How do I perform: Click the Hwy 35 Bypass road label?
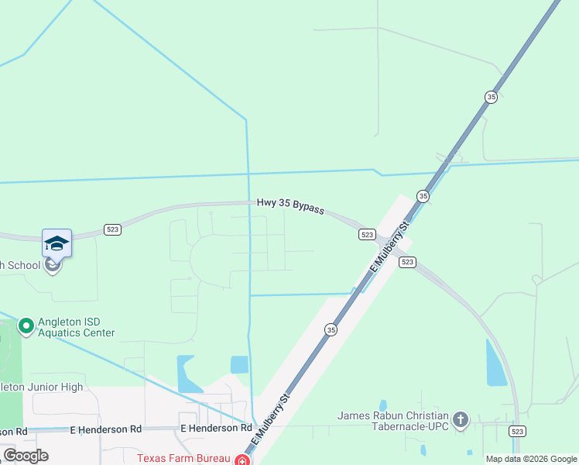point(290,207)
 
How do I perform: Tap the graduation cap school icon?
point(57,243)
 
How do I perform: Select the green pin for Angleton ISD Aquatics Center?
point(26,326)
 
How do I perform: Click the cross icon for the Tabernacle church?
point(461,421)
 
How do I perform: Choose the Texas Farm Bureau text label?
point(184,457)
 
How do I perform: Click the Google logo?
point(26,456)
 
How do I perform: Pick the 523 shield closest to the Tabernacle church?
point(517,430)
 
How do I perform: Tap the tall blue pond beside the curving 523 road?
point(495,363)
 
